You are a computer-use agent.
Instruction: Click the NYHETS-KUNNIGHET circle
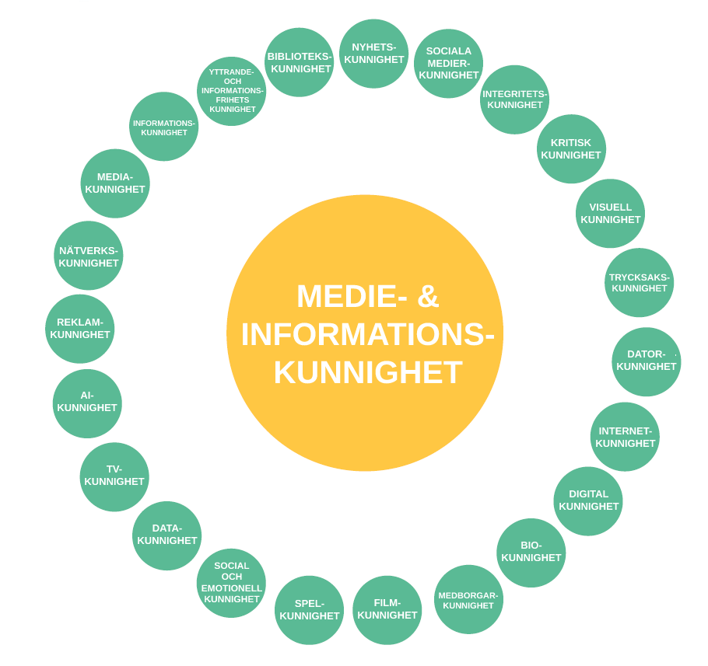[x=373, y=54]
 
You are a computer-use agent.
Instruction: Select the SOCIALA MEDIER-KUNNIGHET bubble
[x=448, y=64]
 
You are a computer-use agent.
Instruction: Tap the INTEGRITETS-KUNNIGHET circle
[x=514, y=99]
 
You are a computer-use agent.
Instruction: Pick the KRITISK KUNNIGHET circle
[x=571, y=149]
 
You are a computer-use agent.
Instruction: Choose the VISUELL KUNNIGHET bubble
[x=610, y=214]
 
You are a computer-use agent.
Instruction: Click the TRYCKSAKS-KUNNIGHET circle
[x=639, y=283]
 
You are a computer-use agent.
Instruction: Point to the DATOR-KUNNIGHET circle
[x=646, y=361]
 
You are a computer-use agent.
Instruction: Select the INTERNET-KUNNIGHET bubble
[x=625, y=437]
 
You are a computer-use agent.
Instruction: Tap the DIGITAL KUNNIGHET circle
[x=588, y=501]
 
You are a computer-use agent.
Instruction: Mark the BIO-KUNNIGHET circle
[x=531, y=553]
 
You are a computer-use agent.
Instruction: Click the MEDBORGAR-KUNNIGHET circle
[x=468, y=599]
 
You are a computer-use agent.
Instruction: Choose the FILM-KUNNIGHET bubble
[x=387, y=610]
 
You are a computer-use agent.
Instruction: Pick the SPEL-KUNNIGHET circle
[x=309, y=610]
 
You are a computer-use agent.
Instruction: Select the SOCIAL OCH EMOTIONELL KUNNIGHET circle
[x=231, y=583]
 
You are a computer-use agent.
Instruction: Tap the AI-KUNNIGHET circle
[x=87, y=403]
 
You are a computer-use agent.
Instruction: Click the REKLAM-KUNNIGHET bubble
[x=79, y=329]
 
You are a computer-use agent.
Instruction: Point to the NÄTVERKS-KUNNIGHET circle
[x=88, y=256]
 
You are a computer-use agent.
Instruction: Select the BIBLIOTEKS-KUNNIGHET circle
[x=299, y=62]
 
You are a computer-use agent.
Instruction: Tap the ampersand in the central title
[x=428, y=296]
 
